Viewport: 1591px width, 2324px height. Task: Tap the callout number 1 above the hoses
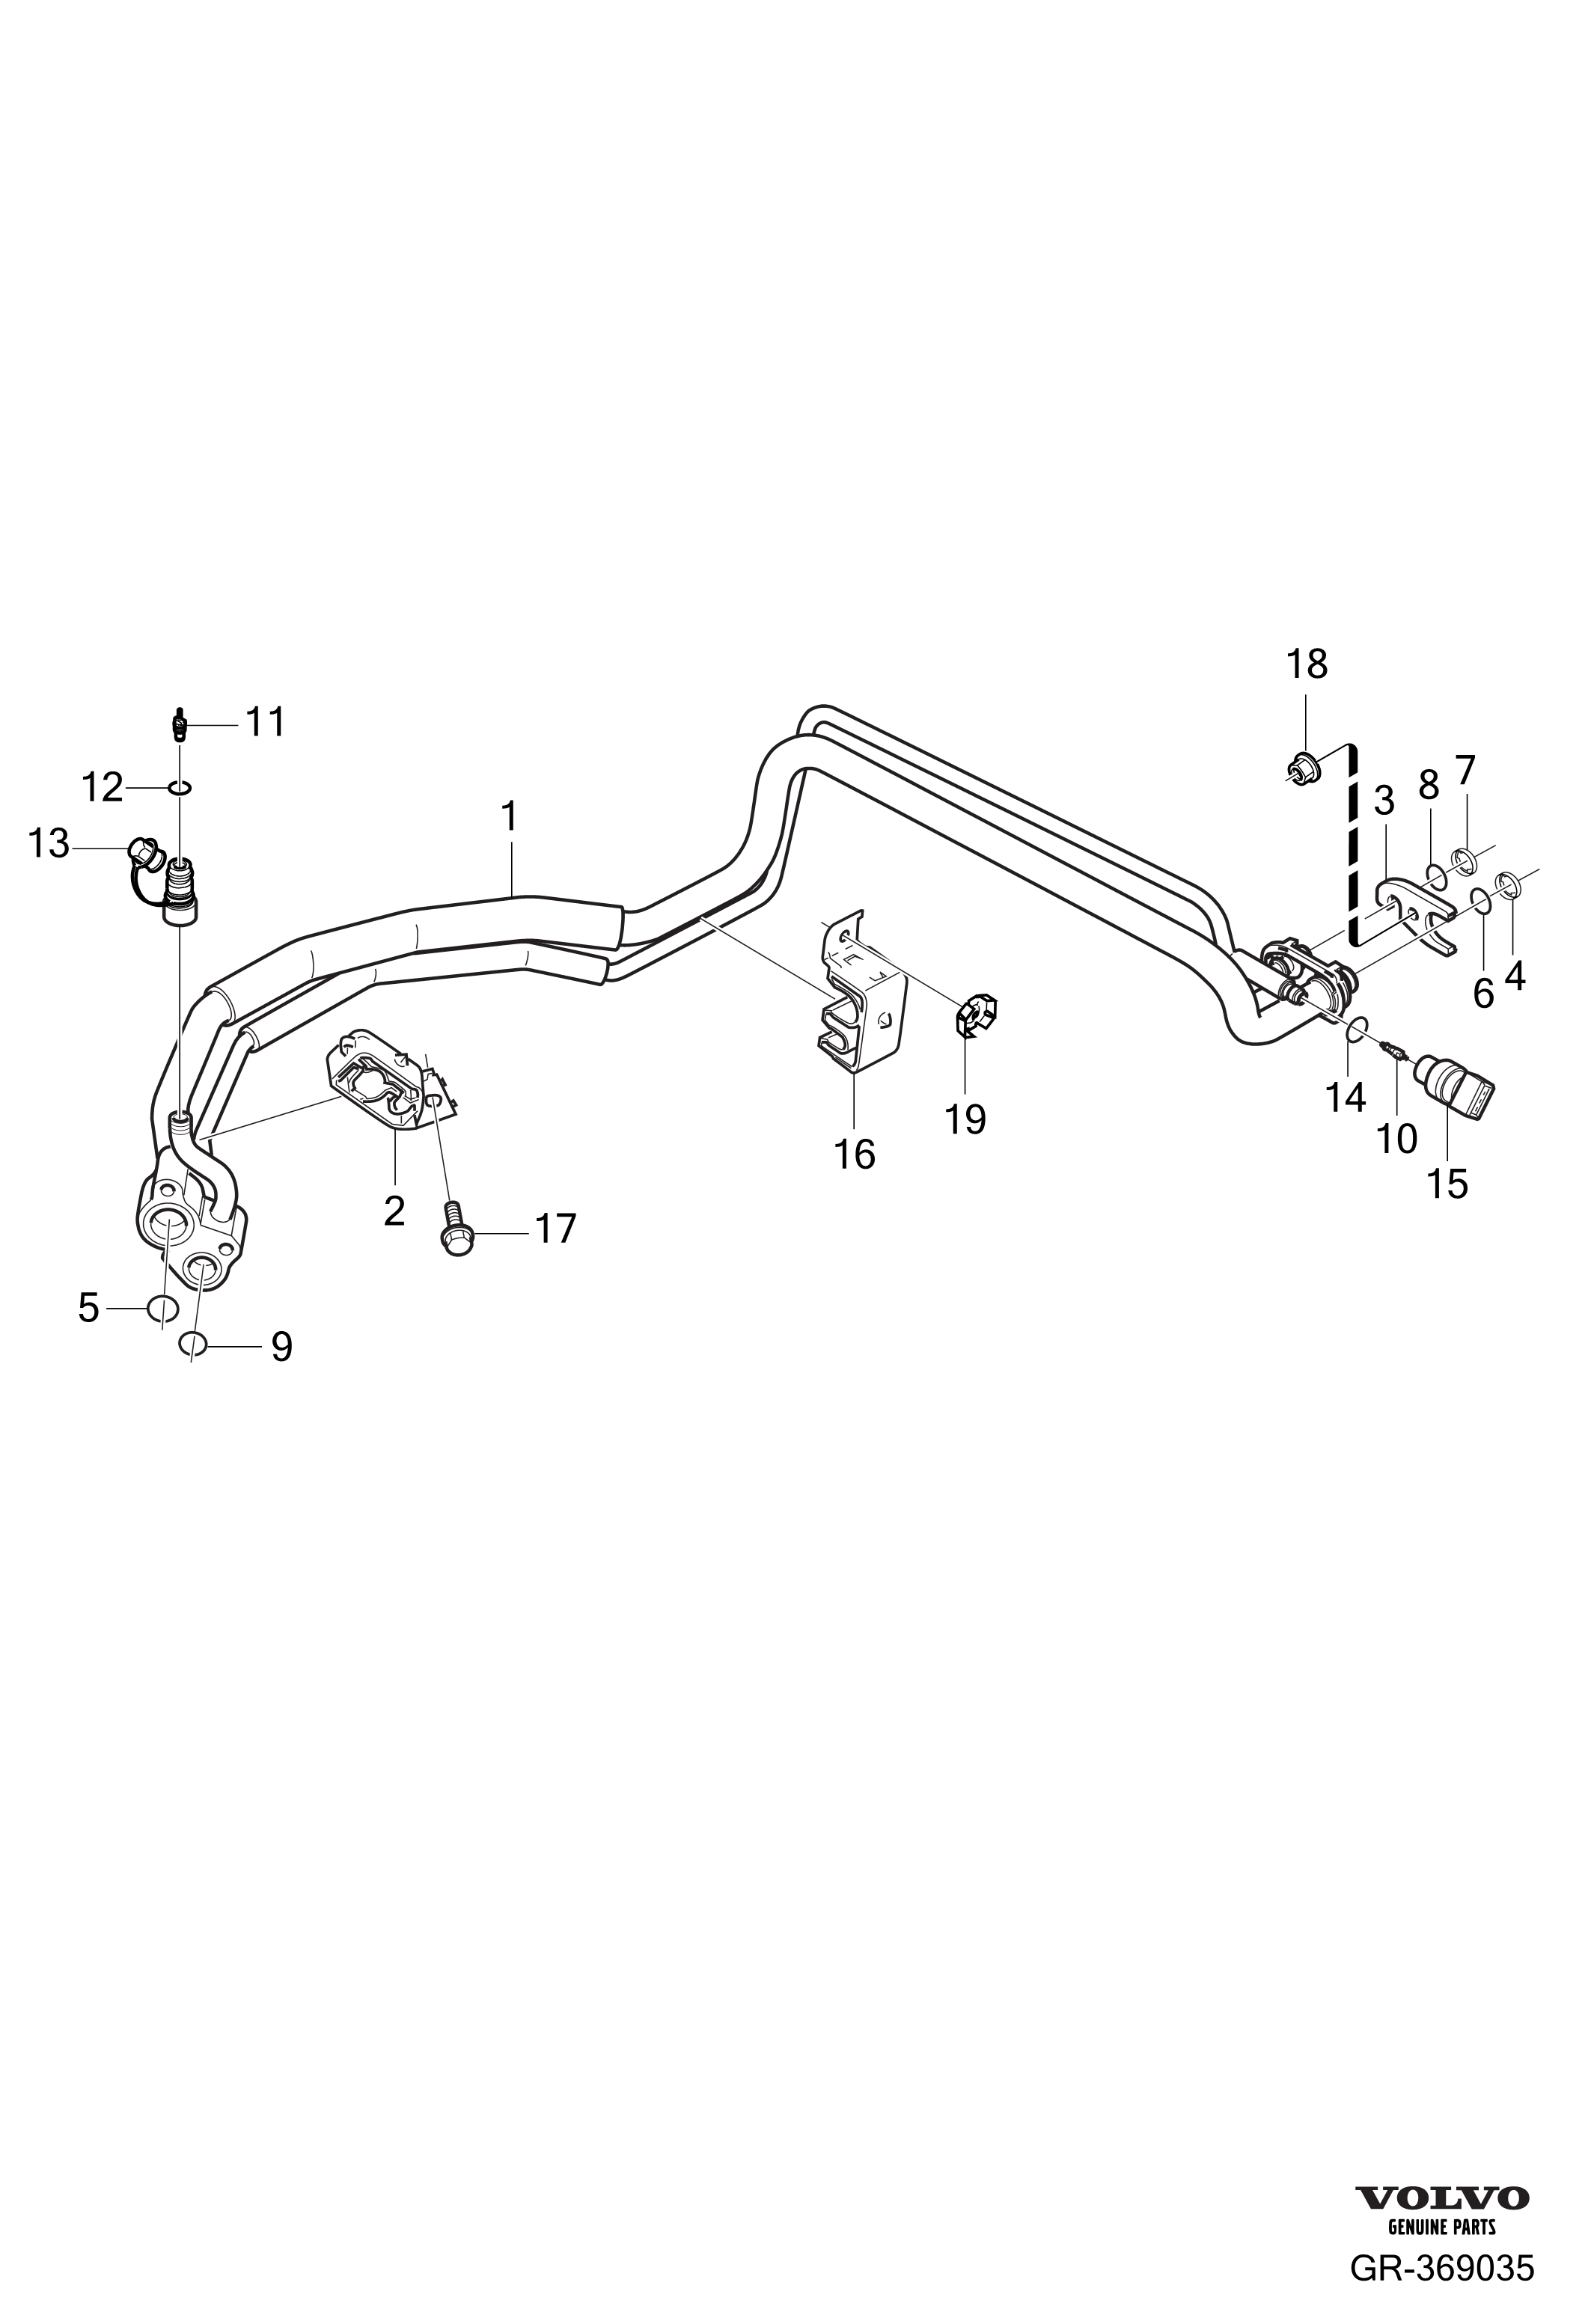point(510,817)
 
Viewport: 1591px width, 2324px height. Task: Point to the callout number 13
point(48,844)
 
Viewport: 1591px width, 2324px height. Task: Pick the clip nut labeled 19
point(975,1015)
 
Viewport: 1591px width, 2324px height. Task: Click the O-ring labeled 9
point(194,1343)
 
